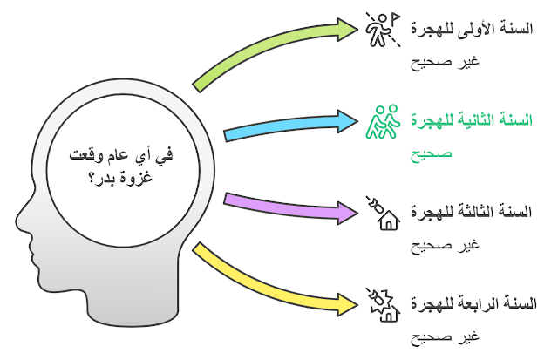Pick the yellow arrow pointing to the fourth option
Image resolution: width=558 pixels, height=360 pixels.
pos(270,279)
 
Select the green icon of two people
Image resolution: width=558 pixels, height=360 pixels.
pos(382,121)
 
